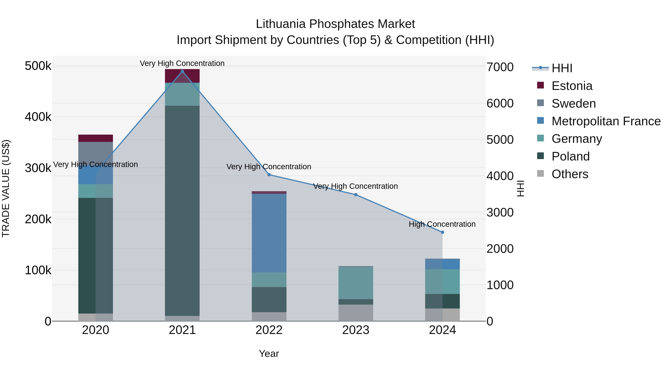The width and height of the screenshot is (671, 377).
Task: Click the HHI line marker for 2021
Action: pyautogui.click(x=182, y=71)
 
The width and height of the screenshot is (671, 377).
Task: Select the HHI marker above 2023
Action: pyautogui.click(x=356, y=195)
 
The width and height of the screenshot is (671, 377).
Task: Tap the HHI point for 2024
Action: pyautogui.click(x=442, y=232)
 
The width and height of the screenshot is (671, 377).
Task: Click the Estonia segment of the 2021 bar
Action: pyautogui.click(x=182, y=76)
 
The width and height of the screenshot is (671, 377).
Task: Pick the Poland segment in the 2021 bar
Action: pyautogui.click(x=182, y=211)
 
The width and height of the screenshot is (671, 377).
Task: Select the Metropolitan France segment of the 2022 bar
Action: pyautogui.click(x=269, y=233)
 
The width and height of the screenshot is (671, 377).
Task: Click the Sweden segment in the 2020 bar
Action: pyautogui.click(x=96, y=154)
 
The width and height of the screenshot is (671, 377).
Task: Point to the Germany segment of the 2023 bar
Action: pyautogui.click(x=356, y=283)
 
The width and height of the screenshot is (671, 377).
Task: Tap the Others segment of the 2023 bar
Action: pyautogui.click(x=356, y=313)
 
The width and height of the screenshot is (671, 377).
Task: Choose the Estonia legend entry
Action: pyautogui.click(x=572, y=86)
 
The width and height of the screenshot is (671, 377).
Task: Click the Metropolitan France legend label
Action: pyautogui.click(x=606, y=121)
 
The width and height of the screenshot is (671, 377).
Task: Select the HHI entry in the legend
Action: pyautogui.click(x=562, y=68)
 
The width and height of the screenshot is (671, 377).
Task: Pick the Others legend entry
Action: pyautogui.click(x=570, y=174)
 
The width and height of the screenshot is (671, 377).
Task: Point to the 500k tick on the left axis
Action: pyautogui.click(x=38, y=66)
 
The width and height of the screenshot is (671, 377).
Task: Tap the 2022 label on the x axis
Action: pyautogui.click(x=269, y=330)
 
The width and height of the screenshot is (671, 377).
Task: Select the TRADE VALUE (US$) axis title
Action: pyautogui.click(x=6, y=188)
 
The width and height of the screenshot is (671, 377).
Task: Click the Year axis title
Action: pyautogui.click(x=269, y=354)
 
